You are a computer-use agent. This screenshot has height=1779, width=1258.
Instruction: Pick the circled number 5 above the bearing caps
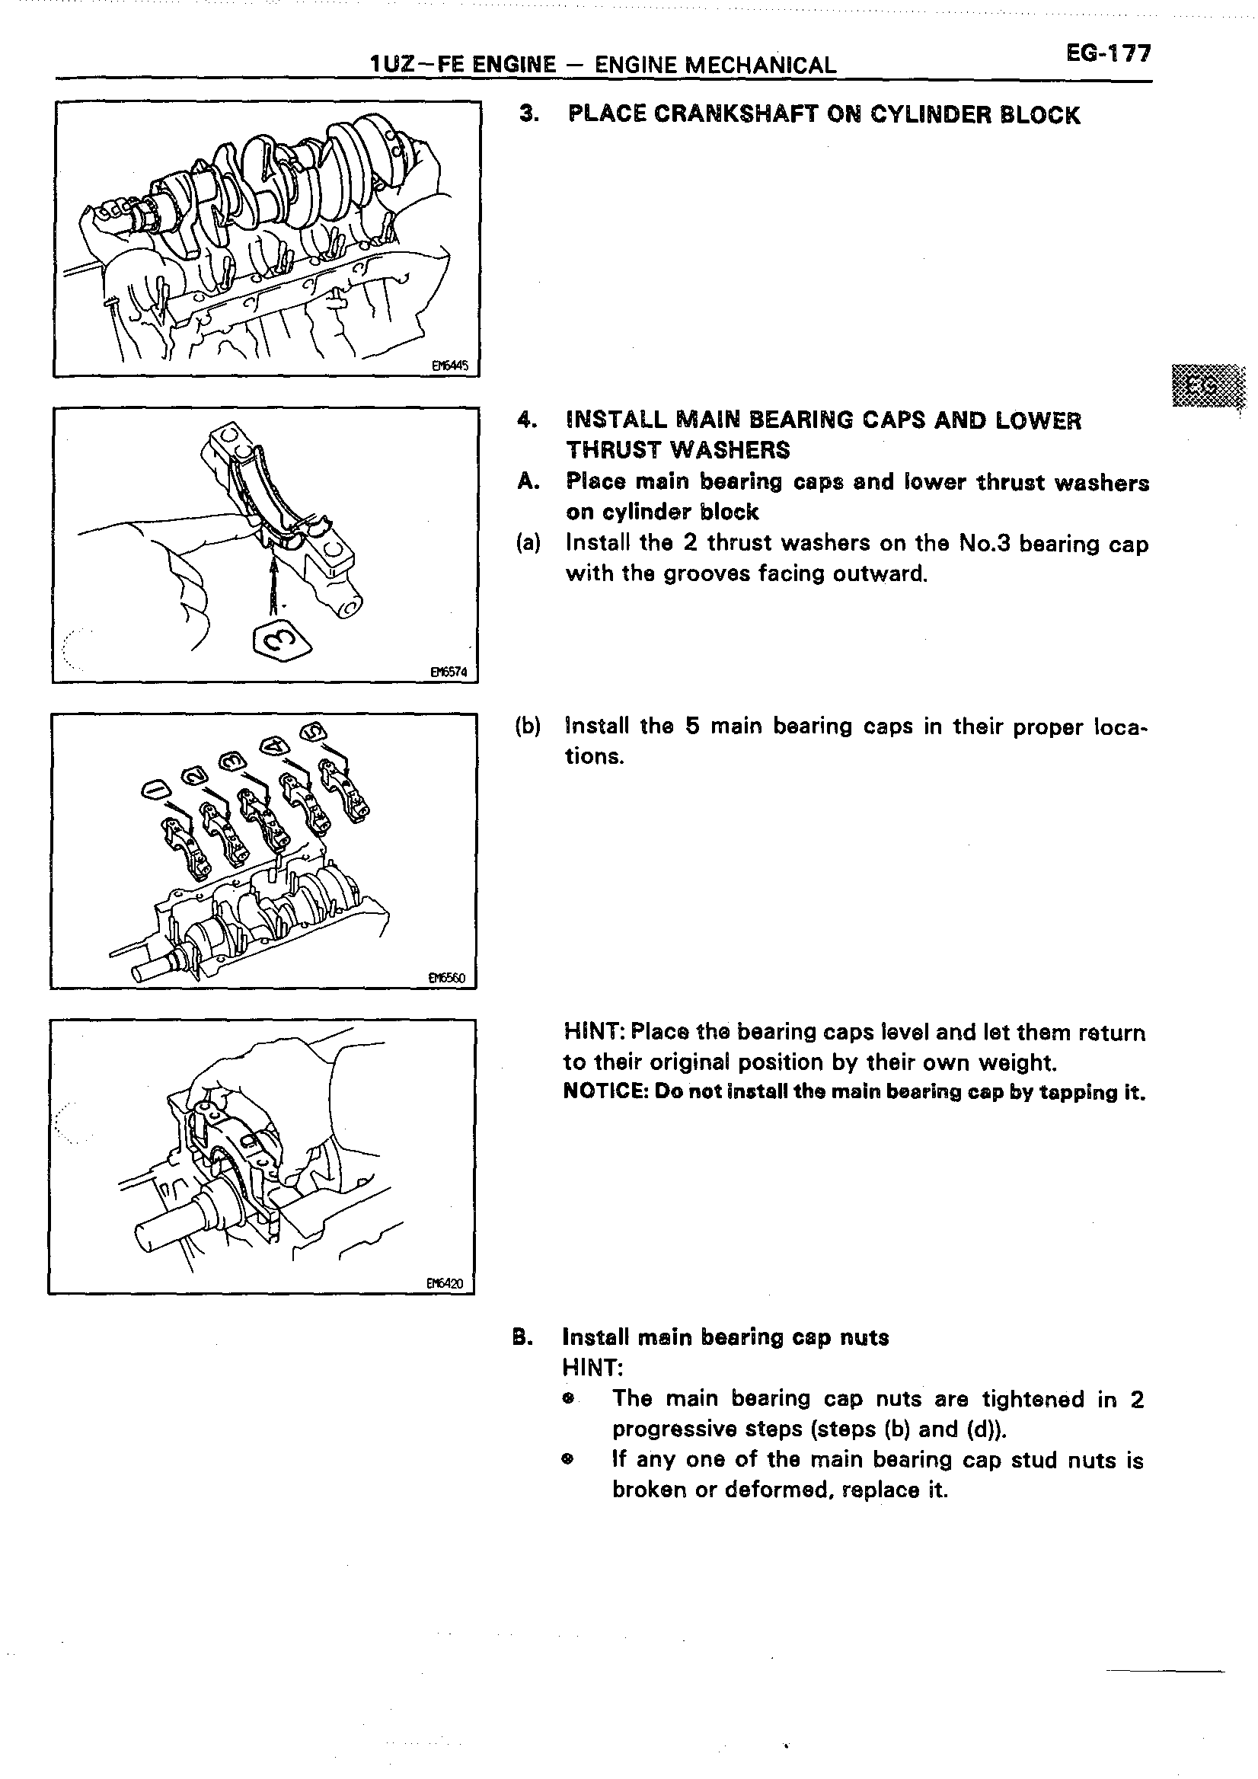pyautogui.click(x=314, y=731)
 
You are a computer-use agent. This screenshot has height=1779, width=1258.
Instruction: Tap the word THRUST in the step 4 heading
pyautogui.click(x=617, y=450)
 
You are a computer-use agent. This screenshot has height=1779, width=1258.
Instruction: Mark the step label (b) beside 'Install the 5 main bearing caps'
pyautogui.click(x=528, y=726)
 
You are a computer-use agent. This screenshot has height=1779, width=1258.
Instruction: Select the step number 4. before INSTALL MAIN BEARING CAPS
pyautogui.click(x=527, y=420)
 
